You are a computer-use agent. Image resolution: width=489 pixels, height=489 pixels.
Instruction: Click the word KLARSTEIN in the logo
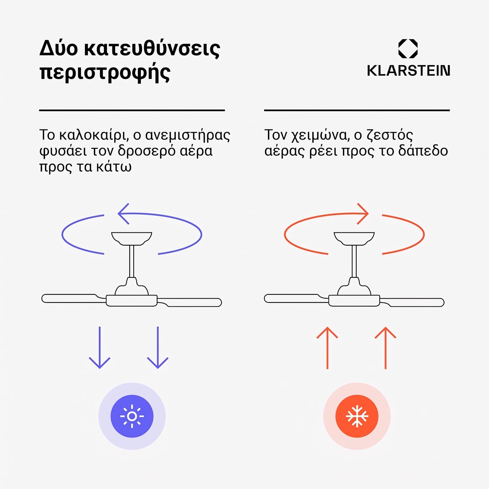(x=408, y=71)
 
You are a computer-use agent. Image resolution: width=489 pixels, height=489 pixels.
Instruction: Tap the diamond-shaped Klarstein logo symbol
(x=408, y=49)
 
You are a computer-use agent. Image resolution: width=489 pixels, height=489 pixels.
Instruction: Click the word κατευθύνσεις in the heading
(x=152, y=49)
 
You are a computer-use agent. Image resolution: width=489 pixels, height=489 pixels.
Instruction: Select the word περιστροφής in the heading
(x=105, y=73)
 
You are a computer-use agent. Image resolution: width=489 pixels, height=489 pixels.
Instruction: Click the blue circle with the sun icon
(x=132, y=416)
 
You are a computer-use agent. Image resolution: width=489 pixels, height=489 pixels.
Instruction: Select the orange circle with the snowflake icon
(x=357, y=416)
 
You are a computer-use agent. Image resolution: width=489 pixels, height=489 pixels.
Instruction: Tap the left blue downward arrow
(x=100, y=348)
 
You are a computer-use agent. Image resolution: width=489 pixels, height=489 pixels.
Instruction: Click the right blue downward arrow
(x=158, y=348)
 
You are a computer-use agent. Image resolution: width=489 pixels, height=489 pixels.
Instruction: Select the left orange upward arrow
(x=327, y=348)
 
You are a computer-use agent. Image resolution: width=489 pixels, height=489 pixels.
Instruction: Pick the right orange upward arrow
(x=386, y=348)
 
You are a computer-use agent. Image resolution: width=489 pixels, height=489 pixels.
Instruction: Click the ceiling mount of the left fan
(x=132, y=238)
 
